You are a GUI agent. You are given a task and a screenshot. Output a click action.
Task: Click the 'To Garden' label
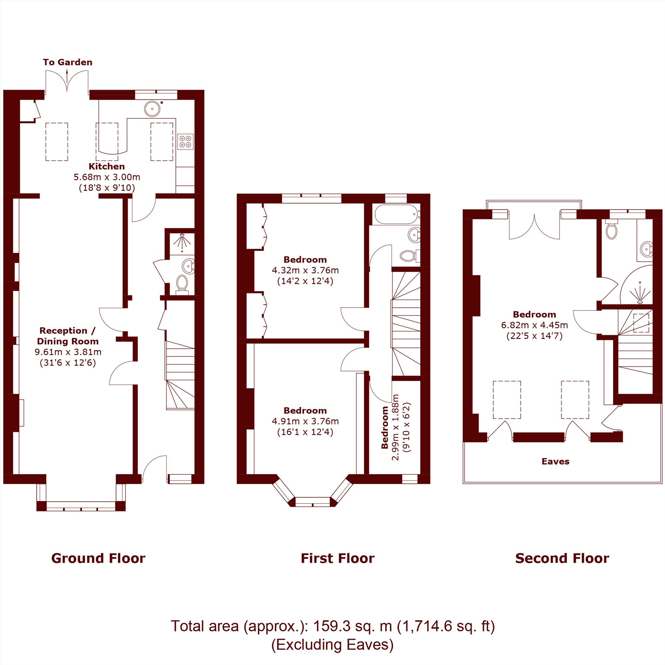tap(67, 62)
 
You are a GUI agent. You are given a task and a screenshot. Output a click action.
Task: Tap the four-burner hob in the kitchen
tap(185, 141)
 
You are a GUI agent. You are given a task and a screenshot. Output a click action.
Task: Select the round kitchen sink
tap(152, 109)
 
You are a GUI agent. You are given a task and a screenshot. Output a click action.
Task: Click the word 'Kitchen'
tap(107, 167)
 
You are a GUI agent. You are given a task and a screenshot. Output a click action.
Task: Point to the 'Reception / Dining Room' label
tap(68, 336)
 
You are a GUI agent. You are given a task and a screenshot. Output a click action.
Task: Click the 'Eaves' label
tap(556, 462)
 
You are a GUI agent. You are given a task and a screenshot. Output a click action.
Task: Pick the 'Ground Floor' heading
tap(98, 558)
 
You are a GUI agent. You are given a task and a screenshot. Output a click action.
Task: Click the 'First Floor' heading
tap(338, 558)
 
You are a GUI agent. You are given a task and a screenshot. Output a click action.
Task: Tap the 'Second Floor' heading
tap(562, 558)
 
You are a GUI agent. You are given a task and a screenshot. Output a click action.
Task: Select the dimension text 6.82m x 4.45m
tap(535, 325)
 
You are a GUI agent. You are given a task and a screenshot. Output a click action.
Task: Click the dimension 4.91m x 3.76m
tap(305, 421)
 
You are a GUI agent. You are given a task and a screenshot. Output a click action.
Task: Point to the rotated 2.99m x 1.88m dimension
tap(395, 427)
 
